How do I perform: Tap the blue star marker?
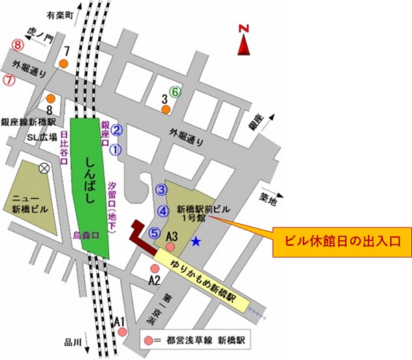point(196,241)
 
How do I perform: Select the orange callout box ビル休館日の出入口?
point(342,242)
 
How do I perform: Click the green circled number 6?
point(176,91)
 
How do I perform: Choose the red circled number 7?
point(10,79)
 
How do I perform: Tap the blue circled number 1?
point(116,148)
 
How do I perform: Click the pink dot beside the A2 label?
point(154,269)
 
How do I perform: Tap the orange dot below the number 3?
point(165,108)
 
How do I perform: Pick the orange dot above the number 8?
point(50,98)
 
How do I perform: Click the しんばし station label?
point(87,181)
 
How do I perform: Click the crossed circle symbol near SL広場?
point(45,167)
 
